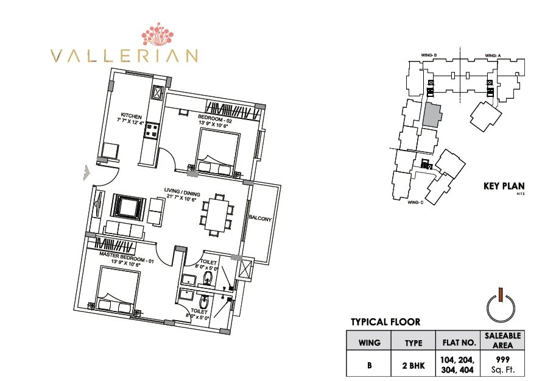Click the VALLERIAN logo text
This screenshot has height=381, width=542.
click(x=125, y=55)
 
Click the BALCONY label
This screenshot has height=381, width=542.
click(x=259, y=218)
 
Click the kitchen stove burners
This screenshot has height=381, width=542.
click(x=152, y=130)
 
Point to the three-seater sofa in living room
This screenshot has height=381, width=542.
click(x=125, y=230)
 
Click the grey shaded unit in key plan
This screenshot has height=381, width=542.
click(x=432, y=114)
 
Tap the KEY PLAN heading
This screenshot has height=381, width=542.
click(x=503, y=187)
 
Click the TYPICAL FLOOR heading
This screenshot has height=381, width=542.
click(x=385, y=322)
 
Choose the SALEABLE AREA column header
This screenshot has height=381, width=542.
click(x=502, y=340)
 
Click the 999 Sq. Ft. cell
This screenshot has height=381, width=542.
click(x=502, y=364)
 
